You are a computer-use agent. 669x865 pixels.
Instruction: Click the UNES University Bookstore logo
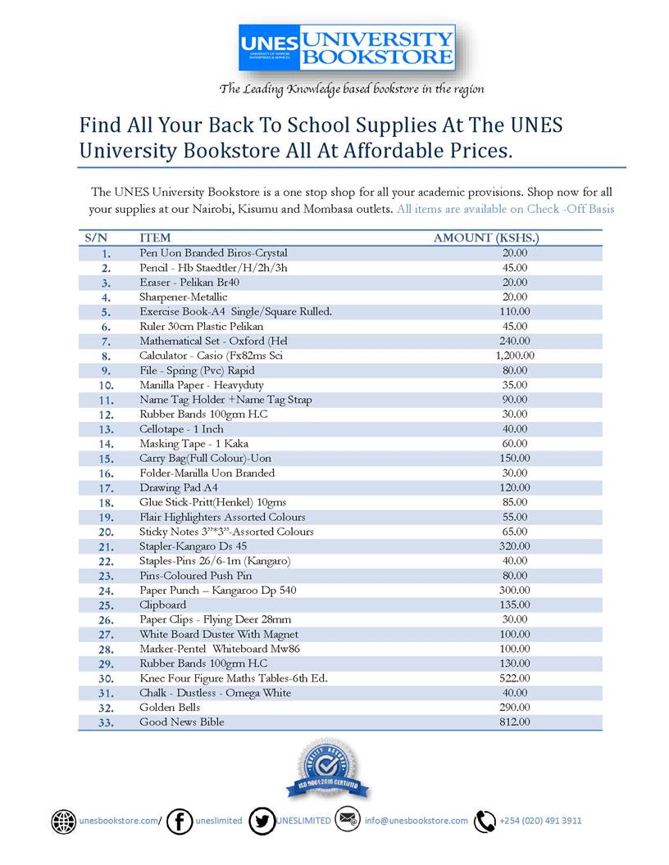tap(347, 48)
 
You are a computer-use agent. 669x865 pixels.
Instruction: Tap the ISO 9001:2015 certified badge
tap(328, 769)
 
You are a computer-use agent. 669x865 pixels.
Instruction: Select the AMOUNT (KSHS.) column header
tap(485, 238)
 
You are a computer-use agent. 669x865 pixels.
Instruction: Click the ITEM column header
tap(155, 238)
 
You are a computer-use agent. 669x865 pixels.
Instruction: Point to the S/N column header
tap(96, 238)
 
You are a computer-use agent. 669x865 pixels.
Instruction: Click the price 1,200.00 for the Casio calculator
tap(515, 356)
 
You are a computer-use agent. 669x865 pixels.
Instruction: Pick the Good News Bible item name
tap(181, 722)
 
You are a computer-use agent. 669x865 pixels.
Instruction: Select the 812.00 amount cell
tap(515, 722)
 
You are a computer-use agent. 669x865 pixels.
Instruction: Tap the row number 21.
tap(106, 546)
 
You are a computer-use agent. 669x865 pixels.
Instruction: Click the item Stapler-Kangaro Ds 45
tap(193, 546)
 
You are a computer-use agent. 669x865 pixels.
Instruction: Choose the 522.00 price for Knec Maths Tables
tap(515, 678)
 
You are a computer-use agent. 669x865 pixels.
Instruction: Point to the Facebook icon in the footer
tap(179, 821)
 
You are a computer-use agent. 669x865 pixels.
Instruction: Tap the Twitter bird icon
tap(262, 821)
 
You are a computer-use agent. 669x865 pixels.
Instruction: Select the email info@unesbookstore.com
tap(416, 821)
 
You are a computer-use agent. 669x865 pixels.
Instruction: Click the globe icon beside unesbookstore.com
tap(63, 821)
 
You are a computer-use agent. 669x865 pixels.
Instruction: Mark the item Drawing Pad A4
tap(178, 487)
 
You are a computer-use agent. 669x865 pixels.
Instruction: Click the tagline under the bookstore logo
tap(351, 88)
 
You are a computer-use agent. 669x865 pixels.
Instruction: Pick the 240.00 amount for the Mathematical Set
tap(515, 341)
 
